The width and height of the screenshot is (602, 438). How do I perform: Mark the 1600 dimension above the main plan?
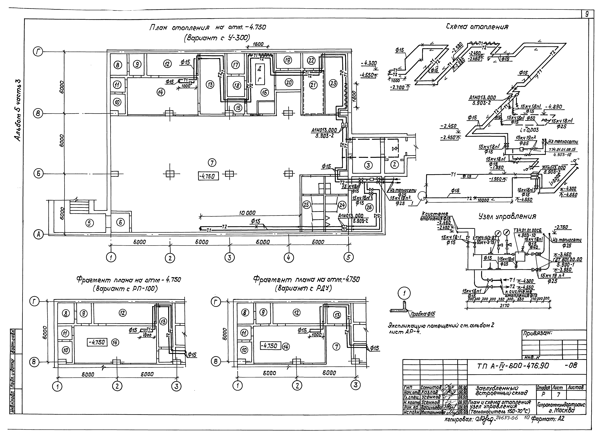pyautogui.click(x=258, y=44)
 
